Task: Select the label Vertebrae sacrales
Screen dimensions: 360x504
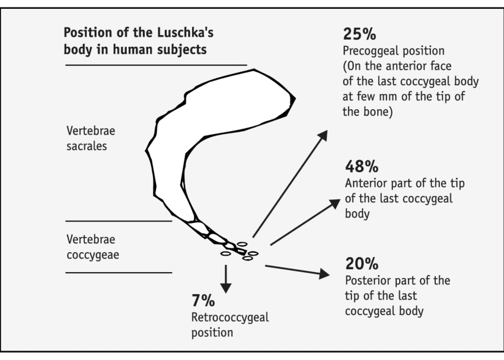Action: (87, 137)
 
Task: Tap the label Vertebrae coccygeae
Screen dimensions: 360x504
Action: (91, 247)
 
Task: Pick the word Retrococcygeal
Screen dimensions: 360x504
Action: (229, 317)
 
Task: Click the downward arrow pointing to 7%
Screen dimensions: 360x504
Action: (225, 279)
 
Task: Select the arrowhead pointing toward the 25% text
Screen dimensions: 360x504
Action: (323, 135)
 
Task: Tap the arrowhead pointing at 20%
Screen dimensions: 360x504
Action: (323, 273)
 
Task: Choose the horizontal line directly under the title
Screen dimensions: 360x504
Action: (155, 65)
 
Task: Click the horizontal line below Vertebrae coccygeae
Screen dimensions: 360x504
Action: (119, 273)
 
